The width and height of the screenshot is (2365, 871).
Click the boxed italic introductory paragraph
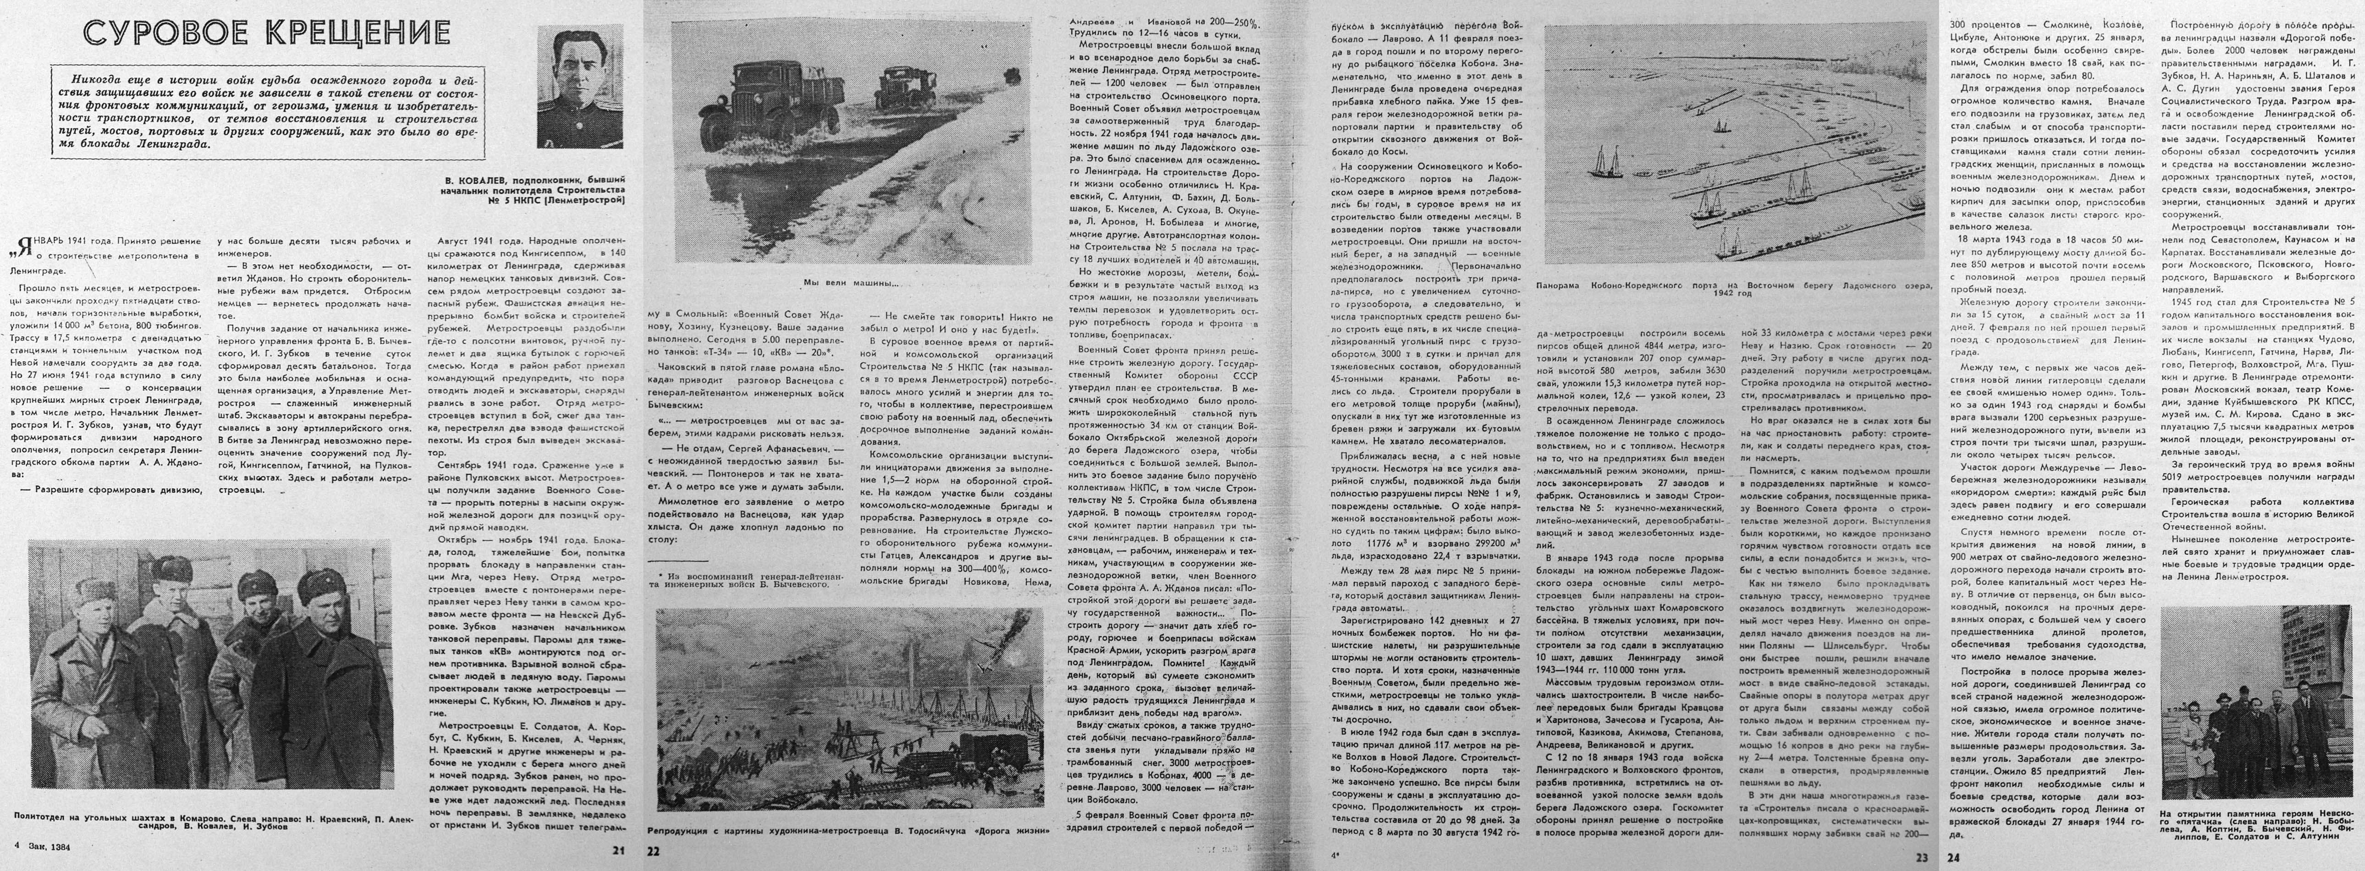(266, 105)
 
